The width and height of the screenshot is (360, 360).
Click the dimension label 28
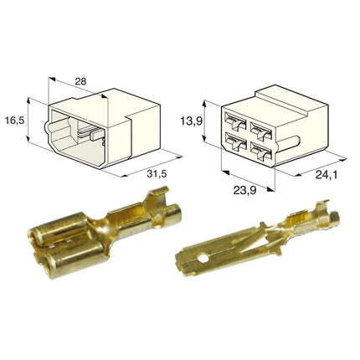click(x=81, y=81)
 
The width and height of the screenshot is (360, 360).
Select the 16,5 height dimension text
click(x=15, y=121)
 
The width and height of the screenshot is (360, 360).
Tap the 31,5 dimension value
click(x=157, y=173)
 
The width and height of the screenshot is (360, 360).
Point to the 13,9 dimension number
click(x=191, y=121)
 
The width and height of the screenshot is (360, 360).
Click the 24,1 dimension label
click(x=327, y=175)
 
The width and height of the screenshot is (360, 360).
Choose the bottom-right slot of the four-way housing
click(x=261, y=151)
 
